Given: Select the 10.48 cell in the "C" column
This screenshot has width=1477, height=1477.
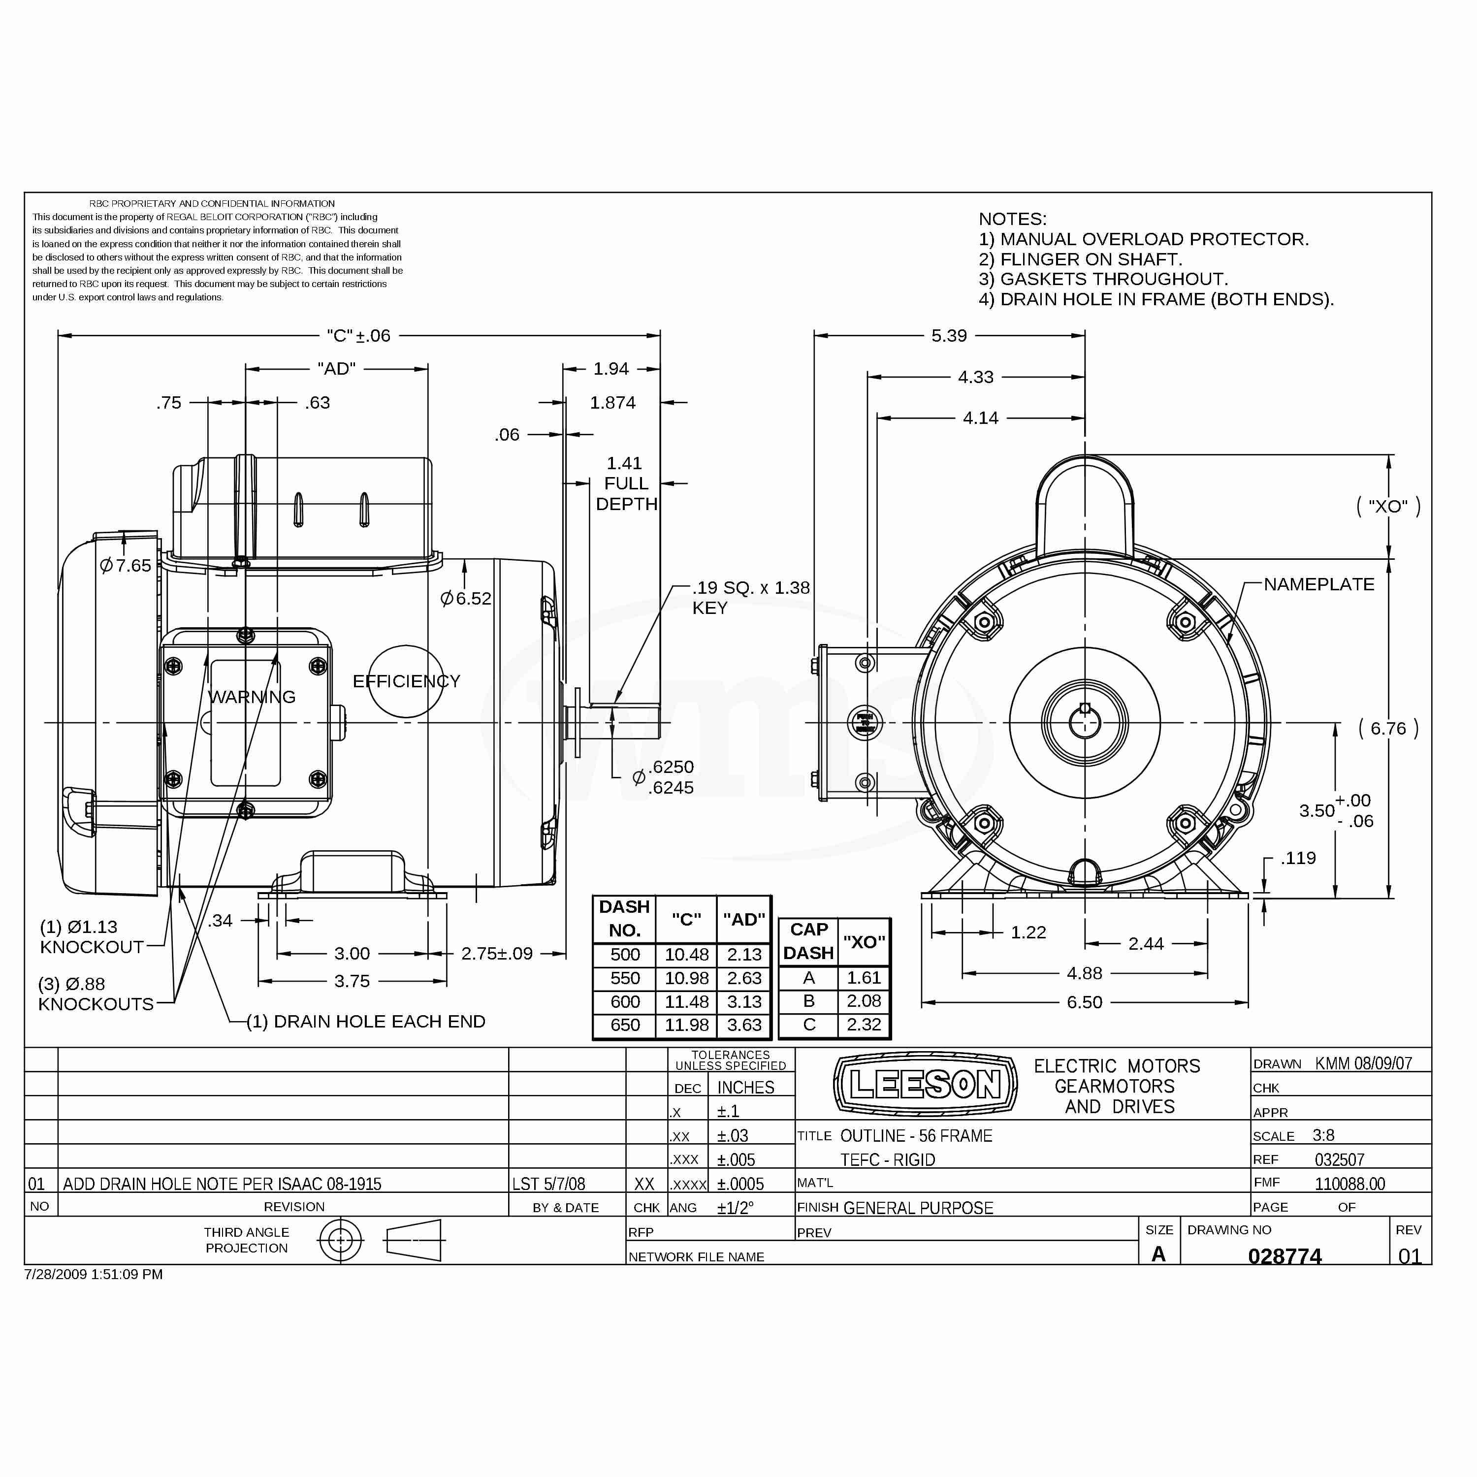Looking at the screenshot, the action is pos(686,954).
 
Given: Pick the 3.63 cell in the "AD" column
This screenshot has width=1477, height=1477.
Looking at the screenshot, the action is pos(744,1025).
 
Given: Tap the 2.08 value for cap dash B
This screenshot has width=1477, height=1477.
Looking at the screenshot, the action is pos(864,1001).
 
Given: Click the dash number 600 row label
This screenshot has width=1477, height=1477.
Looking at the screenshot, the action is pos(625,1001).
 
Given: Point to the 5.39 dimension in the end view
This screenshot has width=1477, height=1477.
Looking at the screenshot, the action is pos(949,336).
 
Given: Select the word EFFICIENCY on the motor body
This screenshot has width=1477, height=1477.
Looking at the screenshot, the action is pos(406,681).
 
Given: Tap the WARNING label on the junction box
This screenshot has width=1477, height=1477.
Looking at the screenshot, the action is pos(252,697).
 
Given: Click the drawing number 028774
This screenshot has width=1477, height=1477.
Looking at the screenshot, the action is pos(1284,1256).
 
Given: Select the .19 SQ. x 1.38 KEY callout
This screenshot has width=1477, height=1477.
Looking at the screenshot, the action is pos(751,597).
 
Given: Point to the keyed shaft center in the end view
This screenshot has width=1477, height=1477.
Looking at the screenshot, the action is pos(1085,722).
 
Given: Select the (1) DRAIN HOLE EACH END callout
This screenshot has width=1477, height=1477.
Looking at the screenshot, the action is pos(365,1022).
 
